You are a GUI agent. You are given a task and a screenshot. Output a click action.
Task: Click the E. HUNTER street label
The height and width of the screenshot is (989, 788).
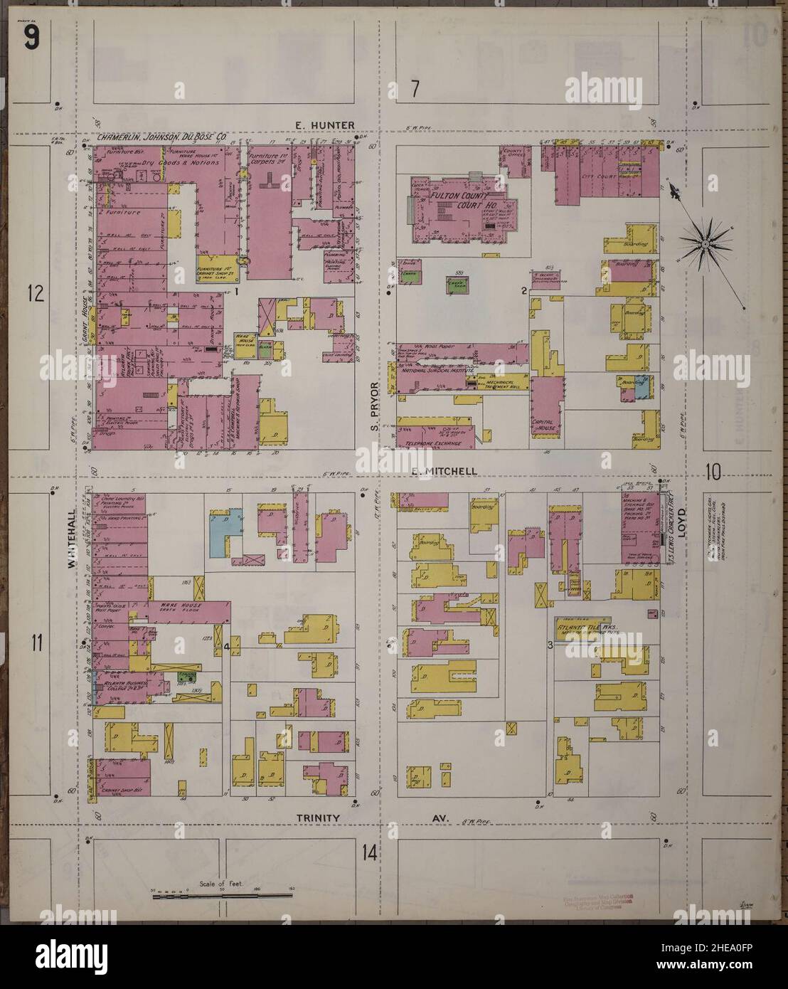coord(324,126)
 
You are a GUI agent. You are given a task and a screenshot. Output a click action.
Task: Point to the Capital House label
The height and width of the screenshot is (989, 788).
coord(545,424)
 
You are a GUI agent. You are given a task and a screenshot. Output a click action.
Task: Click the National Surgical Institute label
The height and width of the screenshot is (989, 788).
coord(434,371)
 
